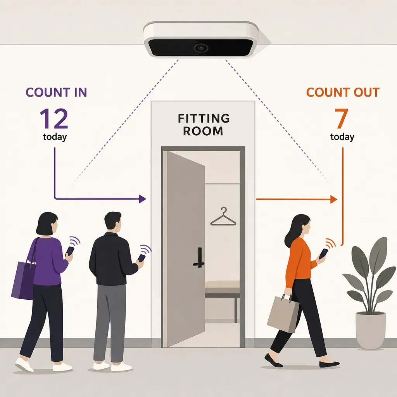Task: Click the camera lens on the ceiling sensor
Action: tap(201, 48)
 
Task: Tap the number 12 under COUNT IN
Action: tap(54, 119)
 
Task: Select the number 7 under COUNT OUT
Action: tap(341, 118)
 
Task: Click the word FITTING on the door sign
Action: tap(204, 118)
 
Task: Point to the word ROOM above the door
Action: tap(203, 131)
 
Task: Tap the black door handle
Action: tap(199, 258)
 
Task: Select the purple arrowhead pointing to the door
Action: tap(143, 199)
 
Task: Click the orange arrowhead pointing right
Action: tap(334, 199)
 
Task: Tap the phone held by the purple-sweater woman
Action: tap(70, 251)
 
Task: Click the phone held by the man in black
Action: tap(141, 258)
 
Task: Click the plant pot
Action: tap(370, 330)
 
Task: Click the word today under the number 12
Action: tap(55, 137)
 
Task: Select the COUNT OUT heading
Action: tap(343, 92)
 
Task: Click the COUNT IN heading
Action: tap(56, 92)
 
